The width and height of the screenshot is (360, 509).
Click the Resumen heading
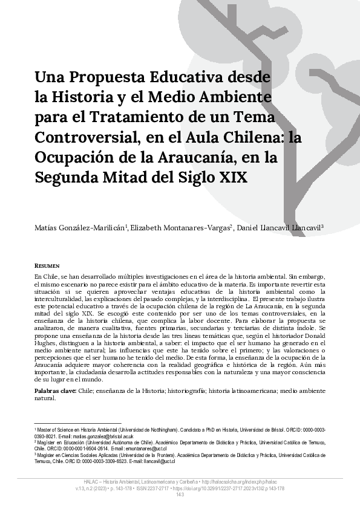coord(47,265)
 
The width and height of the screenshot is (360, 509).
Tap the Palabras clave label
coord(55,392)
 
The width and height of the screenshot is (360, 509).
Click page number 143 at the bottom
coord(180,494)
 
